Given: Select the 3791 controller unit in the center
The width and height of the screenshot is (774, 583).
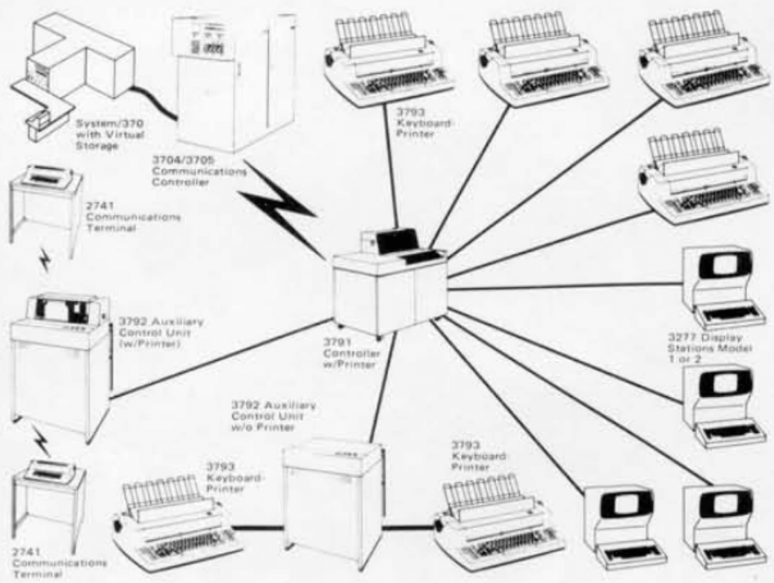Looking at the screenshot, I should point(385,288).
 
